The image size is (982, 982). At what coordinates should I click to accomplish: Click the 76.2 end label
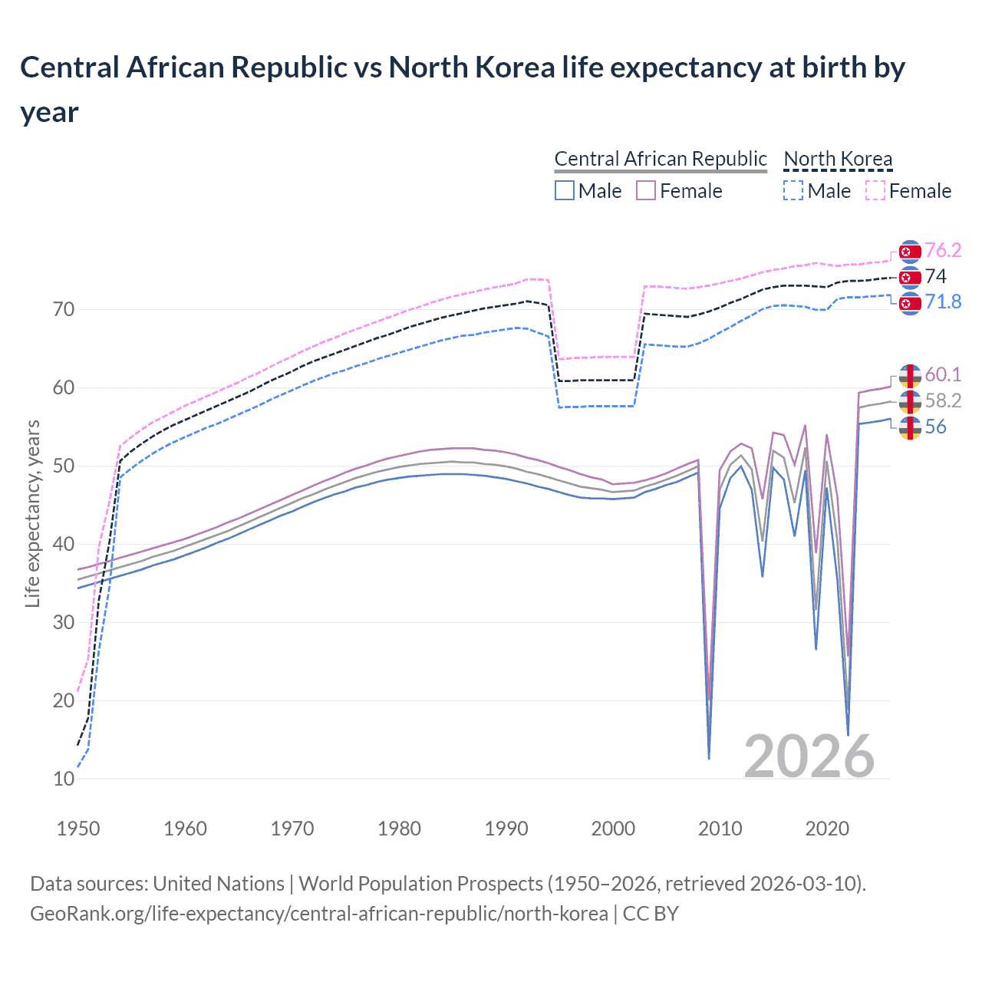(943, 251)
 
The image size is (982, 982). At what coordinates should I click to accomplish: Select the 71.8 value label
(943, 302)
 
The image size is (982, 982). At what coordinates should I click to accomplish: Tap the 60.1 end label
(943, 374)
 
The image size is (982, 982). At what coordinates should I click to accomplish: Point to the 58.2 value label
(943, 400)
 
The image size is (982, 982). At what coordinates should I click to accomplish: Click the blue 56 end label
(936, 427)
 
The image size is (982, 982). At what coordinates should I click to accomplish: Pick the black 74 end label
(936, 276)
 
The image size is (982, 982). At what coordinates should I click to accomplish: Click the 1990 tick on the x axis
(506, 829)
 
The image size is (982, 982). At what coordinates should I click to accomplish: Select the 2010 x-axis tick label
(720, 829)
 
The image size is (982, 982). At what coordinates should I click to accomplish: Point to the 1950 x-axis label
(78, 829)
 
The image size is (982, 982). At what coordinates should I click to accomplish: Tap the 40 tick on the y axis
(64, 545)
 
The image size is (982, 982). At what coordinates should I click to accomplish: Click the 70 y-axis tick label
(64, 310)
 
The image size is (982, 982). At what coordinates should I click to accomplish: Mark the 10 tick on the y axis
(64, 779)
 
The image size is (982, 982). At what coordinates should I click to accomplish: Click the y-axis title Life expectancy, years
(32, 514)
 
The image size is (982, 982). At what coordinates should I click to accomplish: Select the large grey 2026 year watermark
(809, 757)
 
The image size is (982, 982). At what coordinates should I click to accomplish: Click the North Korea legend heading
(838, 160)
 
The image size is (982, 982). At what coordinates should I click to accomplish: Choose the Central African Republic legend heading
(660, 160)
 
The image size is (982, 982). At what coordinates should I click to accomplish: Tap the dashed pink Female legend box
(875, 191)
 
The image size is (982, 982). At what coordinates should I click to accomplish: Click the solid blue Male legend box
(565, 191)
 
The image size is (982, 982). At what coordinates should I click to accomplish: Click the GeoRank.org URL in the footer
(318, 914)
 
